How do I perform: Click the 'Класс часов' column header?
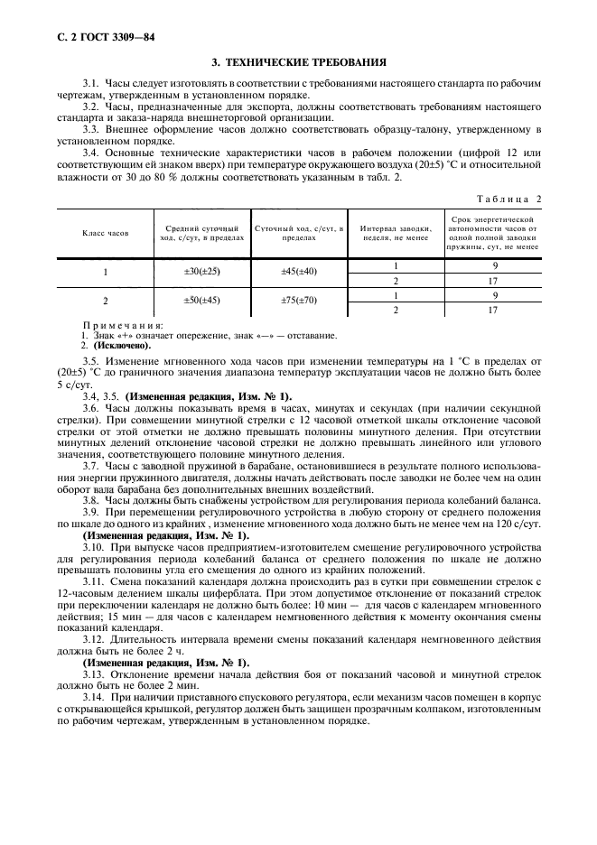[x=106, y=233]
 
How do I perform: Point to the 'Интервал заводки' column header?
[x=394, y=233]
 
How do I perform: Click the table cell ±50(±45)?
[x=202, y=301]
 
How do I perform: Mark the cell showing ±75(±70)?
[x=299, y=301]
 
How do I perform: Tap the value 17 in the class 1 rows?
[x=493, y=280]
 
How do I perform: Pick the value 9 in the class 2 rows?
[x=494, y=294]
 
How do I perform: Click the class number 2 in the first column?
[x=106, y=302]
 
